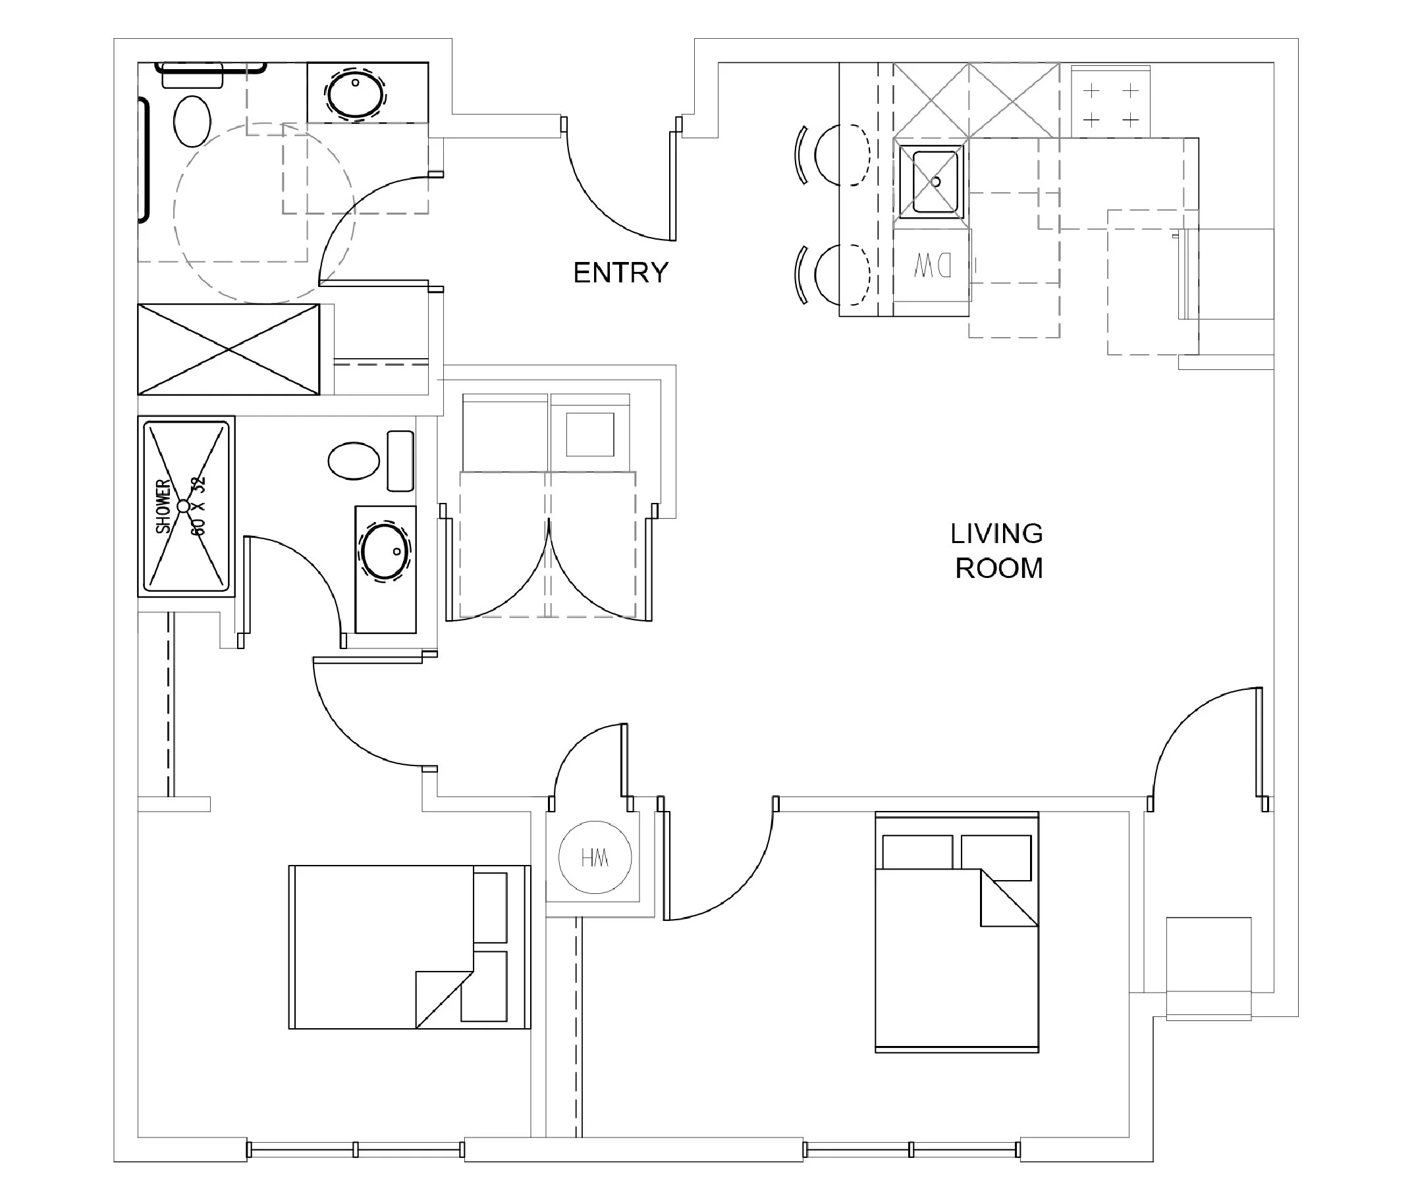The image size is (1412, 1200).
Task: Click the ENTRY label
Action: pyautogui.click(x=620, y=273)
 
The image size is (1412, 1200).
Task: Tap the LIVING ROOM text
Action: pyautogui.click(x=997, y=551)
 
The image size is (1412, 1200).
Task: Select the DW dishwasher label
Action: pyautogui.click(x=933, y=266)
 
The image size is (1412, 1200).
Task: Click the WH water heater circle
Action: pyautogui.click(x=595, y=858)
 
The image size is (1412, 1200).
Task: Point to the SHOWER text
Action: pyautogui.click(x=163, y=507)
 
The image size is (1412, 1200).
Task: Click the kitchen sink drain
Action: pyautogui.click(x=936, y=182)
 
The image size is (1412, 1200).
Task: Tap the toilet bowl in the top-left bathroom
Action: pyautogui.click(x=192, y=121)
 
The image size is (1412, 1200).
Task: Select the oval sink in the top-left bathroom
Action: pyautogui.click(x=354, y=93)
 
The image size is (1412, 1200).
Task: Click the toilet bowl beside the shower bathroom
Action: pyautogui.click(x=354, y=461)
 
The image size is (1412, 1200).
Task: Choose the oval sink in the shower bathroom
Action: pyautogui.click(x=385, y=552)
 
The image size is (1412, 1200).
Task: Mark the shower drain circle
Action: pyautogui.click(x=183, y=506)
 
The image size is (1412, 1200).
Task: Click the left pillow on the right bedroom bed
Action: pyautogui.click(x=917, y=852)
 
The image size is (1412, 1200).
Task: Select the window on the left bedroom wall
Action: pyautogui.click(x=356, y=1150)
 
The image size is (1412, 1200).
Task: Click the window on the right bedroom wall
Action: pyautogui.click(x=911, y=1150)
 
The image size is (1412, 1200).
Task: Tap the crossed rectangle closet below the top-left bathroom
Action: pyautogui.click(x=229, y=350)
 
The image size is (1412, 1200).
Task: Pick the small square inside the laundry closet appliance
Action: pyautogui.click(x=590, y=434)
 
